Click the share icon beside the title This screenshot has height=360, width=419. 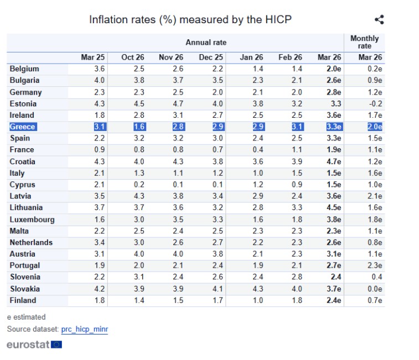pos(379,20)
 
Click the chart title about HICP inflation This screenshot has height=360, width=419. pos(190,20)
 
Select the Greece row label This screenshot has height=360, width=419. pos(22,127)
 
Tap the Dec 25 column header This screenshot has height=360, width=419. pos(211,58)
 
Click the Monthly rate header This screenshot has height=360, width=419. pos(364,42)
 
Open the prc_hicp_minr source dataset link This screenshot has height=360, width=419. pos(84,329)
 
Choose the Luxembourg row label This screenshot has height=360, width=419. pos(32,220)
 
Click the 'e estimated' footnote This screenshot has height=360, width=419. pos(26,317)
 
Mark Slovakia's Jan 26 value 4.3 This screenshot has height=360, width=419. pos(257,289)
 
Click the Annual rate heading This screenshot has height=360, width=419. pos(206,43)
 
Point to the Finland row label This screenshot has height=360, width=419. pos(23,300)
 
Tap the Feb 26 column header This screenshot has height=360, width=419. pos(290,58)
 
